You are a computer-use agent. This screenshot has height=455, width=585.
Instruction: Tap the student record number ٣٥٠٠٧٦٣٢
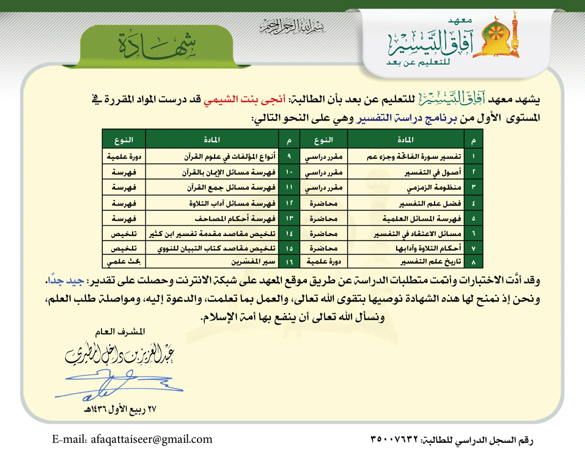(394, 439)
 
